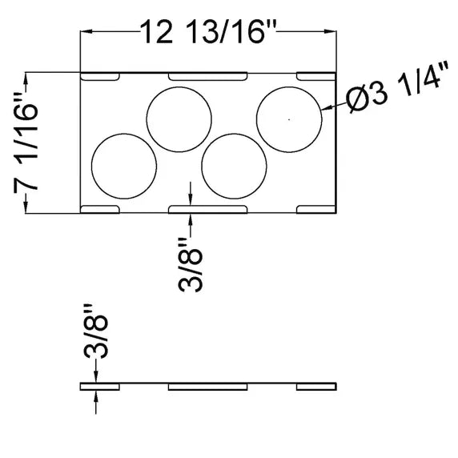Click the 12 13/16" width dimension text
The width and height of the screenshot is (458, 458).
(208, 31)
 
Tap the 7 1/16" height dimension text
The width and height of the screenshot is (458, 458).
(26, 142)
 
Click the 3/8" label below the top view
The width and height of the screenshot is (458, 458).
(190, 265)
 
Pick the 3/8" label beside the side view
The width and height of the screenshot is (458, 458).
(96, 331)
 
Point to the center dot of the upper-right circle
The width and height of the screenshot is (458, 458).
(289, 119)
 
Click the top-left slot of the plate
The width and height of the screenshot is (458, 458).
(100, 76)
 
